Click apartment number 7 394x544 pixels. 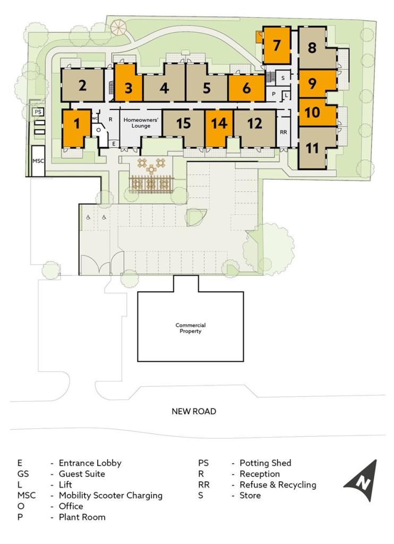pyautogui.click(x=277, y=45)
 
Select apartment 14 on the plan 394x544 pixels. pyautogui.click(x=219, y=127)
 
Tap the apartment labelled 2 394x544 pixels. pyautogui.click(x=82, y=85)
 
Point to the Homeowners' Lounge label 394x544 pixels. pyautogui.click(x=141, y=123)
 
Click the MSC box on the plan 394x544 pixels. pyautogui.click(x=38, y=161)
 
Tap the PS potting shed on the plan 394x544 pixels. pyautogui.click(x=39, y=112)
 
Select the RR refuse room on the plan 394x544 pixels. pyautogui.click(x=284, y=132)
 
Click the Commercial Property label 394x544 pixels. pyautogui.click(x=191, y=328)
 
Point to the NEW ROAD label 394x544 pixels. pyautogui.click(x=194, y=411)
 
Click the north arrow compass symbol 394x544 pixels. pyautogui.click(x=362, y=481)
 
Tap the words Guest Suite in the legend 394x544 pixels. pyautogui.click(x=82, y=473)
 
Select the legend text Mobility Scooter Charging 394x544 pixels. pyautogui.click(x=110, y=496)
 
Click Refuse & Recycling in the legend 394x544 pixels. pyautogui.click(x=278, y=484)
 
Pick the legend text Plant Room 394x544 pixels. pyautogui.click(x=82, y=517)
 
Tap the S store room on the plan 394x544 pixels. pyautogui.click(x=282, y=78)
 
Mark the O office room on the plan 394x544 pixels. pyautogui.click(x=98, y=130)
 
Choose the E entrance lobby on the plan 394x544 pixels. pyautogui.click(x=114, y=143)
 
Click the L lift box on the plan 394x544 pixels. pyautogui.click(x=287, y=95)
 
